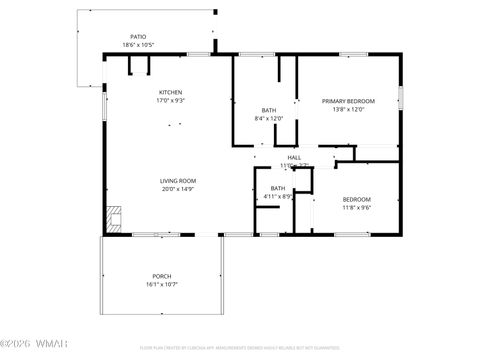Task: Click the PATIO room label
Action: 138,36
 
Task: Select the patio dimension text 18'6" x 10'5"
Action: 138,45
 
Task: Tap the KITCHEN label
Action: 170,92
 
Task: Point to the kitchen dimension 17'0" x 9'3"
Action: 170,101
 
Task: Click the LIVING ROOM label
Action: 178,181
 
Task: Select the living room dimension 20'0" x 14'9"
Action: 178,190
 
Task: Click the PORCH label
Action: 161,276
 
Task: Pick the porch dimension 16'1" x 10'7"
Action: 161,285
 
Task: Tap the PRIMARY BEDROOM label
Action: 348,101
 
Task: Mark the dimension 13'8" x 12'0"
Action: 348,110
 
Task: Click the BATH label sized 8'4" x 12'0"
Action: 269,110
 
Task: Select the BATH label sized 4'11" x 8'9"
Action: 277,188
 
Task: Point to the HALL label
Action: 294,157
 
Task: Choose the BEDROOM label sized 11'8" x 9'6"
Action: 357,199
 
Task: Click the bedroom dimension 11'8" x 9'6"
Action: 357,208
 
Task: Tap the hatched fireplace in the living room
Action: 114,217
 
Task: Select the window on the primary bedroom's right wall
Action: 400,97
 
